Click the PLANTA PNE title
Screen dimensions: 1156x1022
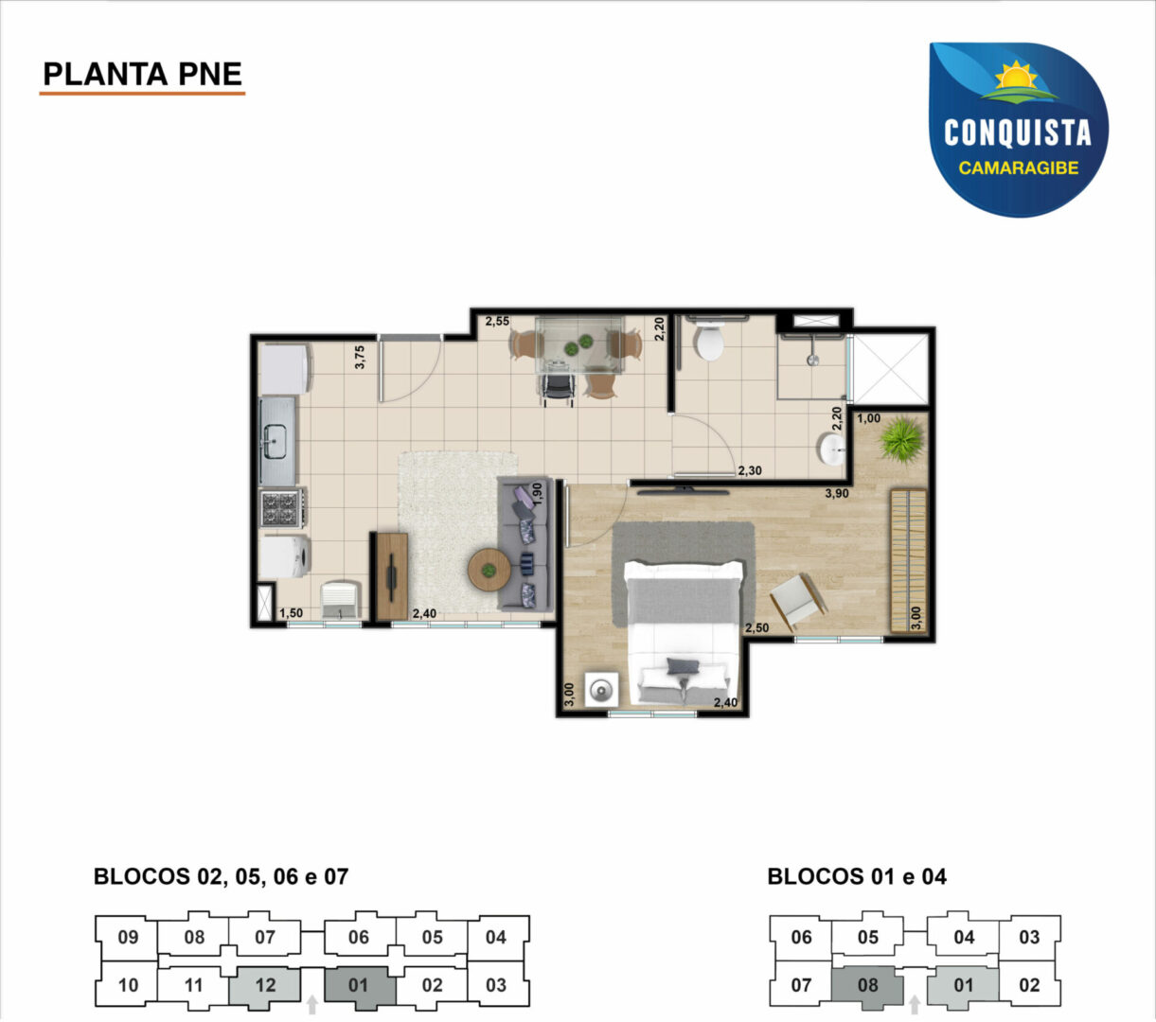143,74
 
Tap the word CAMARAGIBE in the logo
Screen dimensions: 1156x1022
1019,167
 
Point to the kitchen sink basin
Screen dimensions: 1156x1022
275,442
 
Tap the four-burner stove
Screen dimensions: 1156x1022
281,509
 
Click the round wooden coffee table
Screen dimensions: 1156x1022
489,571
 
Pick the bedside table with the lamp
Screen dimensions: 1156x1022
602,691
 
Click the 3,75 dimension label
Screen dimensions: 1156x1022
360,358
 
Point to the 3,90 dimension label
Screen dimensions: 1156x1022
837,494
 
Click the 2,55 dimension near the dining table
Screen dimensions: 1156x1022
498,321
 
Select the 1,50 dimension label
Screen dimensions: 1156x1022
291,613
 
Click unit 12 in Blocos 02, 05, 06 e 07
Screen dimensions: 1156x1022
265,985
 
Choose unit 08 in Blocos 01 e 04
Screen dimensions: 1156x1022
868,985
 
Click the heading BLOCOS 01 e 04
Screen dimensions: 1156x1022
857,876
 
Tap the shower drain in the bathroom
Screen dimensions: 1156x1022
813,360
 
